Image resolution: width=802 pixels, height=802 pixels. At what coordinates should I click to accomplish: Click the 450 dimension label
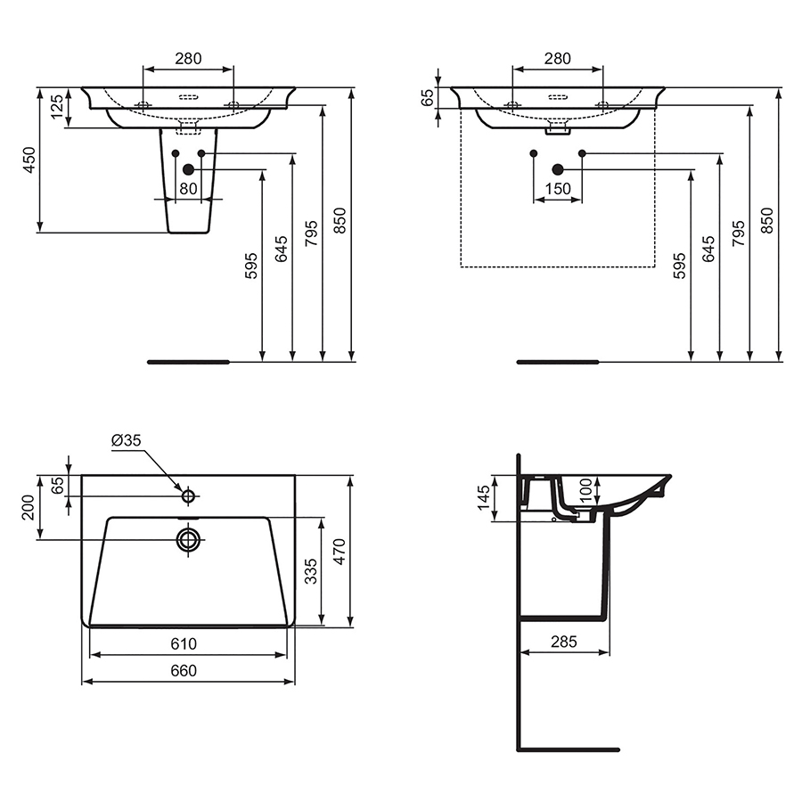tap(29, 160)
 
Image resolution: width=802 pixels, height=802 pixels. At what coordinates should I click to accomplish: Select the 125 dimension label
tap(56, 108)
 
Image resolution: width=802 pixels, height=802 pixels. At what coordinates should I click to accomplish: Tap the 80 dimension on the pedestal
tap(188, 189)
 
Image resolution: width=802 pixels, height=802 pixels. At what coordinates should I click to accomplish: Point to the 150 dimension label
tap(557, 189)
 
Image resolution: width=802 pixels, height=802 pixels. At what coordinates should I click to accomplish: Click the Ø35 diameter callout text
tap(127, 440)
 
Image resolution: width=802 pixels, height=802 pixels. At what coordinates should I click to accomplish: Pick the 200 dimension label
tap(29, 508)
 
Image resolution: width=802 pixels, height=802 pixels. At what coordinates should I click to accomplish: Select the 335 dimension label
tap(309, 570)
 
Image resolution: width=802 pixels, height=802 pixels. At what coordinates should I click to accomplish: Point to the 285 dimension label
tap(563, 642)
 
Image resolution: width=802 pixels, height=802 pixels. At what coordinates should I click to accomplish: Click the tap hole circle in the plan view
tap(188, 495)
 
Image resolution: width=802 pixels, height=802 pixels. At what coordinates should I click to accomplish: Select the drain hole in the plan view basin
tap(188, 539)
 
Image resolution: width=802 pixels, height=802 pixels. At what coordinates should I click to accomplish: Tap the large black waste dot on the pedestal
tap(188, 169)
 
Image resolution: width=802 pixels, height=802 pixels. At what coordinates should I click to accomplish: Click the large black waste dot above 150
tap(558, 169)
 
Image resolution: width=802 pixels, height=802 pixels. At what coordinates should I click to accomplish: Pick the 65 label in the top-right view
tap(427, 97)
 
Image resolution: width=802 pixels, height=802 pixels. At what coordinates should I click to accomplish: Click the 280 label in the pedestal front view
tap(188, 59)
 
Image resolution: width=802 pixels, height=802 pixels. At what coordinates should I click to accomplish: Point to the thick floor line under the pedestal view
tap(189, 362)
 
